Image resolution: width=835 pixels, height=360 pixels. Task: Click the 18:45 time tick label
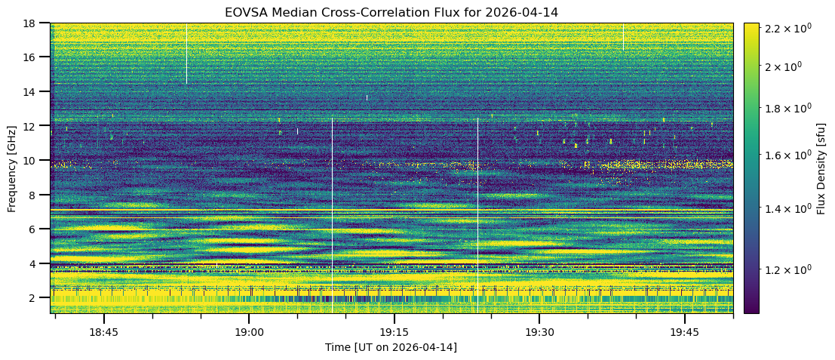(103, 332)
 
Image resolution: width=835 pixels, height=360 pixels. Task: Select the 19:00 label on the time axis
(249, 332)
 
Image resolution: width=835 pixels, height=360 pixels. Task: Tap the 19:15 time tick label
(394, 332)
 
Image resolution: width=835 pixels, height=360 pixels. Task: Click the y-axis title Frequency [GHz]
(12, 168)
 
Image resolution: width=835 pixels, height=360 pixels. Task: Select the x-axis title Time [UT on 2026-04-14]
(391, 347)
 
